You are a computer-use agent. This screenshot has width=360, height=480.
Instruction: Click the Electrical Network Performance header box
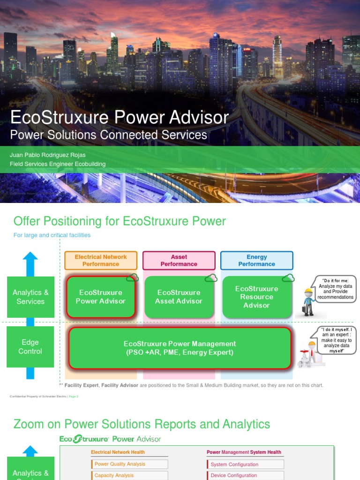click(x=101, y=261)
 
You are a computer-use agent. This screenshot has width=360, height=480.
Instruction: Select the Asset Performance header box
click(x=179, y=261)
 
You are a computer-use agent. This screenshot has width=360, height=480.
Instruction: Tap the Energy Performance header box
click(x=256, y=261)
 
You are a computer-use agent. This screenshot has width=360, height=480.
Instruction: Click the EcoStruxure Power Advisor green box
click(x=100, y=297)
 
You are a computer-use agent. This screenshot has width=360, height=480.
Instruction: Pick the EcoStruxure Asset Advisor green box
click(x=179, y=297)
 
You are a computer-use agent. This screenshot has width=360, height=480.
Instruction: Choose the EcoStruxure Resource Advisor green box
click(x=256, y=297)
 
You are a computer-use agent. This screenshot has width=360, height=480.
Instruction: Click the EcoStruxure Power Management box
click(x=180, y=348)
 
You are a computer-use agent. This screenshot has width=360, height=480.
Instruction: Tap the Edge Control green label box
click(x=30, y=347)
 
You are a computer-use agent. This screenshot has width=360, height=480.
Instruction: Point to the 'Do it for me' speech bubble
click(x=335, y=289)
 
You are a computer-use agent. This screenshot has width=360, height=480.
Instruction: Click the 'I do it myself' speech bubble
click(x=336, y=340)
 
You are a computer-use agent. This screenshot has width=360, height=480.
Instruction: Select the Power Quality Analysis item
click(x=129, y=464)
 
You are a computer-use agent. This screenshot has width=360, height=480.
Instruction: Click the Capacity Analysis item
click(x=129, y=475)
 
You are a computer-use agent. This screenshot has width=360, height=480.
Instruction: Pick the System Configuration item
click(x=245, y=465)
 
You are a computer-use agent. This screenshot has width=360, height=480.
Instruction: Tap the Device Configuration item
click(x=245, y=475)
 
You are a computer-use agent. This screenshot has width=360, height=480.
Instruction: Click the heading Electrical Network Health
click(x=118, y=452)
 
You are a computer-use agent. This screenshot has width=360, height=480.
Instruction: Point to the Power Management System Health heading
click(x=244, y=452)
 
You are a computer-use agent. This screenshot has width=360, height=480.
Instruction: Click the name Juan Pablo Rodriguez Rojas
click(x=48, y=155)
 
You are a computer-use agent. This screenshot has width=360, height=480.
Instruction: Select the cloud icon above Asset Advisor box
click(x=210, y=278)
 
